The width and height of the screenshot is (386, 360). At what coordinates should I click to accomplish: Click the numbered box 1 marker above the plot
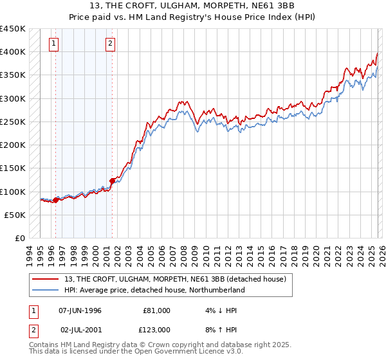53,44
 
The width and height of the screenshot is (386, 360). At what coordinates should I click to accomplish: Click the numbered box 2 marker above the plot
111,44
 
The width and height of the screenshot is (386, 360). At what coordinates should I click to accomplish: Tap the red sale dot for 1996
55,200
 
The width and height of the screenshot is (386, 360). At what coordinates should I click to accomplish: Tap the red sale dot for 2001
113,181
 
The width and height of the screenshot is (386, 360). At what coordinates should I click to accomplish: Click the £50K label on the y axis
15,215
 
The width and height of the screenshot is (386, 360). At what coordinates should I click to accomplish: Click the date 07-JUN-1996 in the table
80,310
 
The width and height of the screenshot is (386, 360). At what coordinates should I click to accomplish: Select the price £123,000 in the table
156,329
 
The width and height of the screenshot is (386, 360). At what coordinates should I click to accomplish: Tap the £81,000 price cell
156,310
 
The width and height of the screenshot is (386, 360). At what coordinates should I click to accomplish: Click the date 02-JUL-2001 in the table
80,329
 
